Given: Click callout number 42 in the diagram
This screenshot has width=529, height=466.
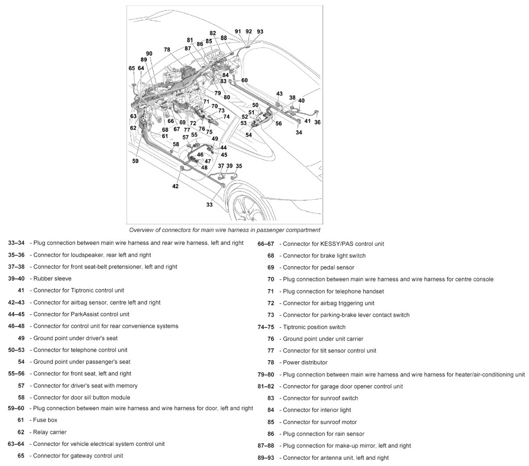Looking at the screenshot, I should [x=175, y=186].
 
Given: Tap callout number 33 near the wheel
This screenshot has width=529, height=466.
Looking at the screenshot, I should [x=209, y=205].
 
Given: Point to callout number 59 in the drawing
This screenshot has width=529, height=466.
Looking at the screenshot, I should [x=135, y=161].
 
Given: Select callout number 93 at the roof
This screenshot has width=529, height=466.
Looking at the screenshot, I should [x=260, y=32].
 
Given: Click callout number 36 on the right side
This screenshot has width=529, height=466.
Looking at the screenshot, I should [x=317, y=122].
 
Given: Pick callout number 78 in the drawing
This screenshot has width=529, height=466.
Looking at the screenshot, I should [x=167, y=50].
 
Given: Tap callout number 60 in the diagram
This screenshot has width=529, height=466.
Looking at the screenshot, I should [x=244, y=81].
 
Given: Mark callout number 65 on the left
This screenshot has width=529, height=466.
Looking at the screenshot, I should [x=132, y=69].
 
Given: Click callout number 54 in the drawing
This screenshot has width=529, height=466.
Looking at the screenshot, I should [x=248, y=135].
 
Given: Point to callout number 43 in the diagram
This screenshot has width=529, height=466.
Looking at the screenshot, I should [x=279, y=94].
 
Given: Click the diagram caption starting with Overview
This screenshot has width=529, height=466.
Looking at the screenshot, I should [x=225, y=230].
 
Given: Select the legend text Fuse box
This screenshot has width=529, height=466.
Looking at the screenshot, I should [x=45, y=420].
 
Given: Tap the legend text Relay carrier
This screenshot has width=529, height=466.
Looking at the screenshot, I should [x=50, y=432].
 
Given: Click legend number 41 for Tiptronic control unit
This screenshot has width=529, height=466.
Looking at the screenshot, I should [x=21, y=290].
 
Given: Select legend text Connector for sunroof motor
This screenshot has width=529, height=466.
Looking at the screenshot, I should [x=320, y=422].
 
